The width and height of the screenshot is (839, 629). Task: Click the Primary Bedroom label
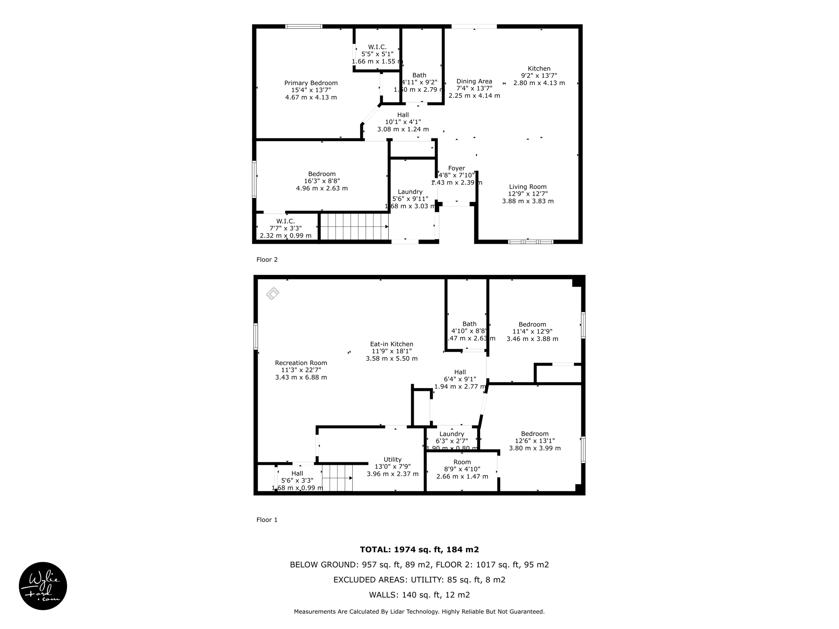click(x=311, y=83)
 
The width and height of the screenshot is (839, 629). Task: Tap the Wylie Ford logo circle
click(x=43, y=586)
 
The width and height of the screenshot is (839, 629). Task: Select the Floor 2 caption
click(x=267, y=260)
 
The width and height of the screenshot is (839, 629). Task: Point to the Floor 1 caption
click(x=267, y=520)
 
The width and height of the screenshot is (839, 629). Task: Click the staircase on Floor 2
click(x=354, y=226)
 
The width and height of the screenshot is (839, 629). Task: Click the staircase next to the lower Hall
click(x=337, y=478)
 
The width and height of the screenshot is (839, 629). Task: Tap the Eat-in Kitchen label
click(x=392, y=344)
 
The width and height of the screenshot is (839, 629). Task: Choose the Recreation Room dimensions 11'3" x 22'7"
click(x=301, y=370)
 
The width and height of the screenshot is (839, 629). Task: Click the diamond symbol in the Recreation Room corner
click(x=273, y=293)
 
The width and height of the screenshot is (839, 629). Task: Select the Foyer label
click(x=456, y=168)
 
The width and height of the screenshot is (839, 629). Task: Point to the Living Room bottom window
click(x=531, y=242)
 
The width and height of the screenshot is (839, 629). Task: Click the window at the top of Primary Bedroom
click(x=304, y=27)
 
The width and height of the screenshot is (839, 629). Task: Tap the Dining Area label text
click(x=474, y=81)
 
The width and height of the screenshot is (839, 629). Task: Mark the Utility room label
click(x=392, y=459)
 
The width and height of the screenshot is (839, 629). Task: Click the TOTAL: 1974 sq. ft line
click(x=419, y=550)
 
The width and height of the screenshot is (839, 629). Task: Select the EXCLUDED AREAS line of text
click(x=419, y=580)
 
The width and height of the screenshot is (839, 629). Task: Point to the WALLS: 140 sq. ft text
click(x=419, y=595)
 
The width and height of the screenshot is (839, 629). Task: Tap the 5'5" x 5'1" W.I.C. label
click(x=377, y=54)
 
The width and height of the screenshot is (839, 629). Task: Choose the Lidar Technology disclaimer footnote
click(x=419, y=612)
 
